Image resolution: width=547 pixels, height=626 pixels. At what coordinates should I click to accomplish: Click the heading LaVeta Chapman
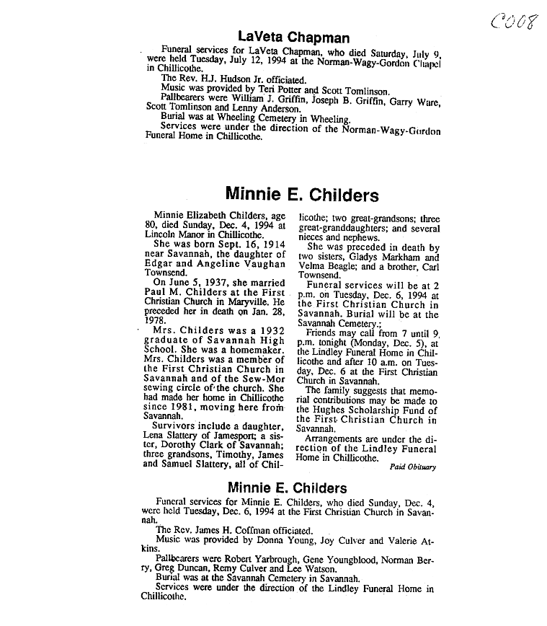tap(293, 38)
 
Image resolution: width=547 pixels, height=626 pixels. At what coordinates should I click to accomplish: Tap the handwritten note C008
tap(515, 20)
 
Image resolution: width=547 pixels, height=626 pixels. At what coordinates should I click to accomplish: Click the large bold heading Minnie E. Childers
tap(301, 194)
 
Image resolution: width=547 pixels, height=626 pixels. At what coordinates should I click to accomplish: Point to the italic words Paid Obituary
tap(412, 467)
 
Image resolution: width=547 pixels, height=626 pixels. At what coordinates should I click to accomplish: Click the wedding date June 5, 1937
tap(186, 283)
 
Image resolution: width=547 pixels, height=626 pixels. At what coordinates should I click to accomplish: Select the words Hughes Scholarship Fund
tap(368, 410)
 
